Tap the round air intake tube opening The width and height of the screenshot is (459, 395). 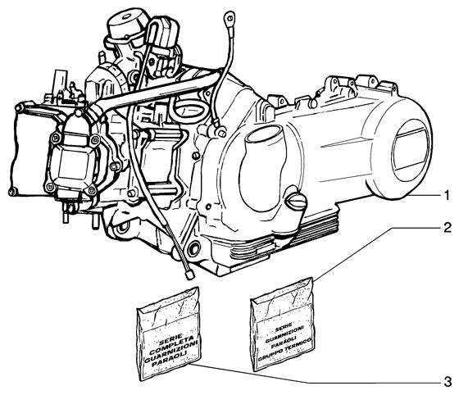click(263, 135)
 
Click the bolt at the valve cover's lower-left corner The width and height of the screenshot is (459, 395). click(11, 193)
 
